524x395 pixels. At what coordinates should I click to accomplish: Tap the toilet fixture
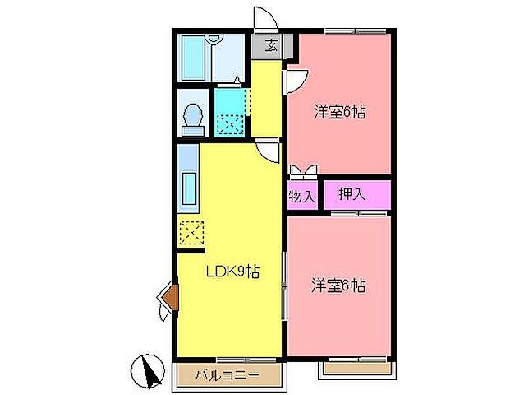(x=194, y=118)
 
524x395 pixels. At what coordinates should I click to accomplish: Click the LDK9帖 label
(x=232, y=272)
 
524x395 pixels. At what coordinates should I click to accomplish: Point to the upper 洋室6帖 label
(x=338, y=112)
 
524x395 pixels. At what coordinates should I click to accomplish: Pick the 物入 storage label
(x=301, y=197)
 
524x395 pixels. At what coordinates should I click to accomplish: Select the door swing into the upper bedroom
(x=296, y=80)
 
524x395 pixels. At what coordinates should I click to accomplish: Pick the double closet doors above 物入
(x=301, y=172)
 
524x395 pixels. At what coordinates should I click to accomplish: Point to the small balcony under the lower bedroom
(x=355, y=369)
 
